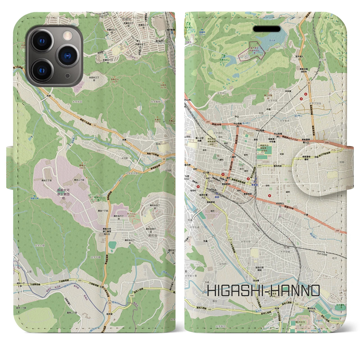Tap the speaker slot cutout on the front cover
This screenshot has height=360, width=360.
pos(267,29)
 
